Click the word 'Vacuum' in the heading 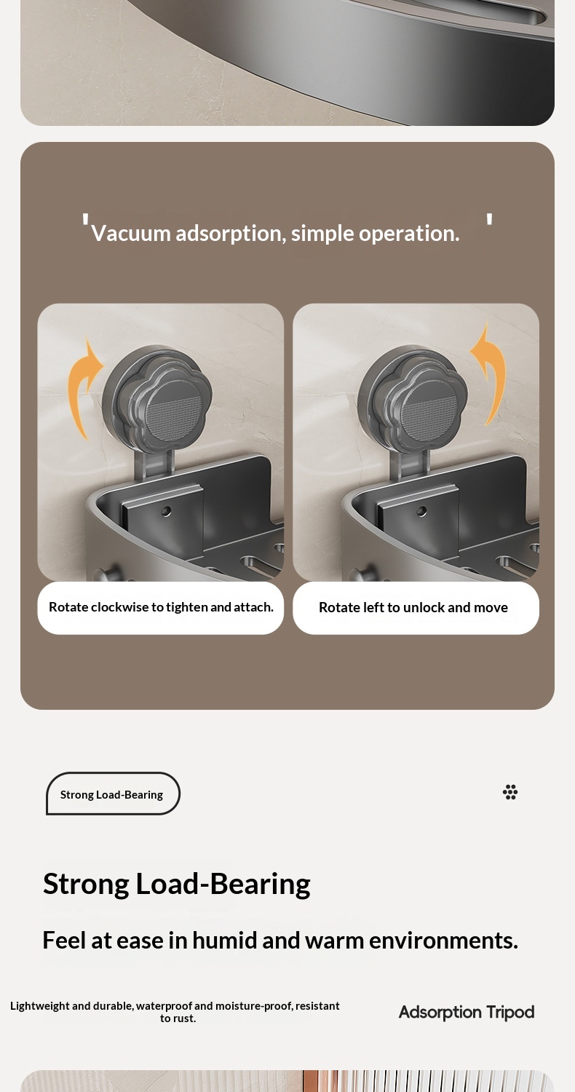(x=130, y=234)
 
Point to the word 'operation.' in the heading (x=409, y=234)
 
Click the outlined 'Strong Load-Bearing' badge (x=113, y=794)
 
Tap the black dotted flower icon (x=510, y=792)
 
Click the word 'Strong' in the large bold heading (x=86, y=885)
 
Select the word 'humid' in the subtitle (x=225, y=941)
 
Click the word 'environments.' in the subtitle (x=443, y=941)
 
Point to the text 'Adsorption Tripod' (x=467, y=1013)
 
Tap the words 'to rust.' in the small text (x=178, y=1018)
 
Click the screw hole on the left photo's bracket (x=166, y=511)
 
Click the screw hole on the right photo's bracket (x=421, y=511)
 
